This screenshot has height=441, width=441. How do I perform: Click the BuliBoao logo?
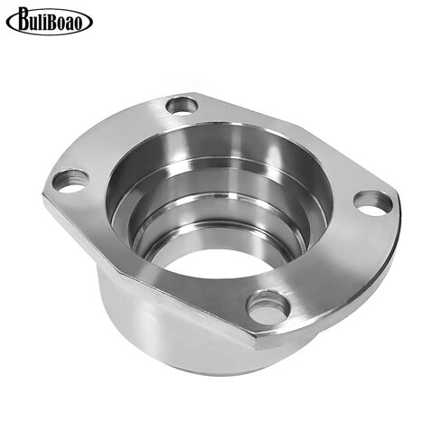[50, 21]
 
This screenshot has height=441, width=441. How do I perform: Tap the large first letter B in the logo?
[25, 19]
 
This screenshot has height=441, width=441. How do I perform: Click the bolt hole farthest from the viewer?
[182, 106]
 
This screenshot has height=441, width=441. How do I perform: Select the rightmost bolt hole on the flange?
[373, 203]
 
